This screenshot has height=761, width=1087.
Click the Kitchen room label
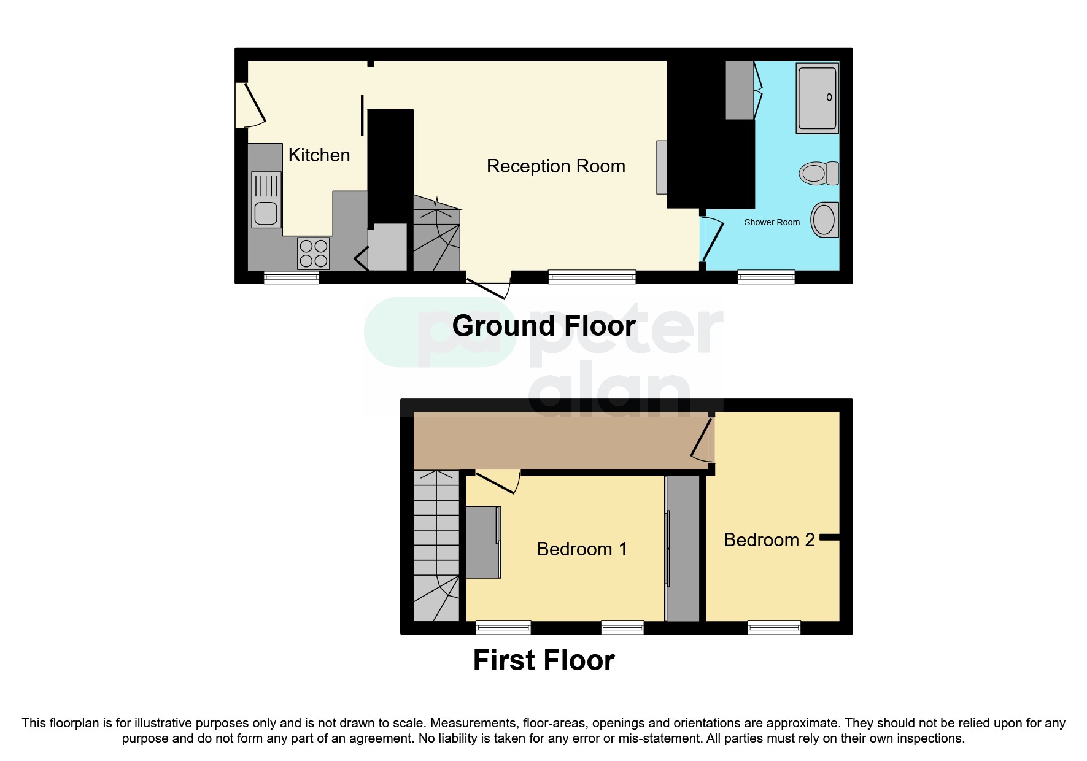[x=319, y=155]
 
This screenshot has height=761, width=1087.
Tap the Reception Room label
[x=555, y=166]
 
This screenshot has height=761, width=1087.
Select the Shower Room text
[x=772, y=222]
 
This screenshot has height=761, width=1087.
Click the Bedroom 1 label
[x=581, y=549]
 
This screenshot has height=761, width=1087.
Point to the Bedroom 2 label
[x=768, y=539]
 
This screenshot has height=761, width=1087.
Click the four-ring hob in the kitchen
[x=313, y=253]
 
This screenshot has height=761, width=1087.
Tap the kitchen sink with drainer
[x=266, y=199]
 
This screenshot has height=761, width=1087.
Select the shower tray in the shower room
[x=817, y=98]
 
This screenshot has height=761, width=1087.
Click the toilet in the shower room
[x=819, y=173]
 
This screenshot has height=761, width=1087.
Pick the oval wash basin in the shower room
[x=824, y=220]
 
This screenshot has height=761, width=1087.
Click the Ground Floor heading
[x=543, y=326]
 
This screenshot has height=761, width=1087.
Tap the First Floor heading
[x=543, y=660]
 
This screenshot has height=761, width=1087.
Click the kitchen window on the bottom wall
[x=291, y=277]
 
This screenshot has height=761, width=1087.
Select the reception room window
[x=592, y=277]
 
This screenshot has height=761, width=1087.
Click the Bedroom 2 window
[x=773, y=627]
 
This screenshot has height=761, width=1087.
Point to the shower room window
[x=765, y=277]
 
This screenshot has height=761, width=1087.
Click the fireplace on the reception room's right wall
[x=661, y=167]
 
